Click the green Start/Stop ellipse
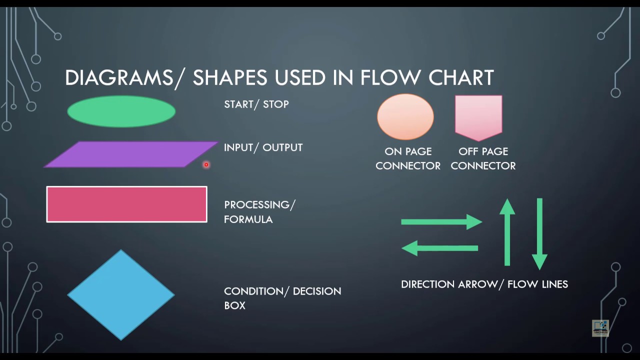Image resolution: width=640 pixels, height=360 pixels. (x=121, y=111)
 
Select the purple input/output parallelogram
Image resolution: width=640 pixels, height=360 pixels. (x=131, y=154)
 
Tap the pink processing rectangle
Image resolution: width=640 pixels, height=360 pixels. (x=126, y=204)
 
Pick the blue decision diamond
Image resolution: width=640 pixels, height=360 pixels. (x=121, y=295)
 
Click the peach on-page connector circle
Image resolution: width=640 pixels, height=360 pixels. (x=405, y=116)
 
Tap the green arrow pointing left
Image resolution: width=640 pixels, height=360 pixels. (x=440, y=248)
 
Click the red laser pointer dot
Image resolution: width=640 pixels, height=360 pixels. (x=205, y=164)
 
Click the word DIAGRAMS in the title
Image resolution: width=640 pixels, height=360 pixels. (x=118, y=78)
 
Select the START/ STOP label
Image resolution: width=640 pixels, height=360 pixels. (x=256, y=104)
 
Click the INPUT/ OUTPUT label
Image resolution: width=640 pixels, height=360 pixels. (x=263, y=147)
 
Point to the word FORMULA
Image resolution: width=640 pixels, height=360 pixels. (x=248, y=219)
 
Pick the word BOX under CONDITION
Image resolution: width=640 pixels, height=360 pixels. (x=234, y=305)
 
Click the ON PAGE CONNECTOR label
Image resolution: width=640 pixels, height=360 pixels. (x=408, y=158)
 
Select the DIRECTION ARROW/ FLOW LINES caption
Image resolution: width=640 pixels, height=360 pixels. (x=484, y=284)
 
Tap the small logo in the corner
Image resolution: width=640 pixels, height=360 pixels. (x=600, y=327)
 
